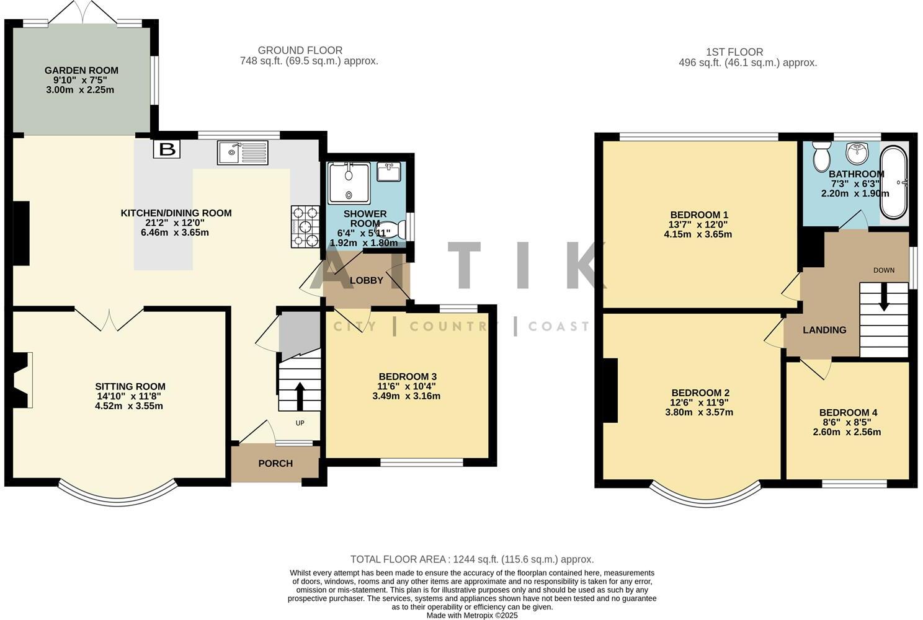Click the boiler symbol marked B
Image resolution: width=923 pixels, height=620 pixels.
coord(166,149)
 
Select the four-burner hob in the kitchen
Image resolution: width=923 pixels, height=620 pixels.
coord(305,227)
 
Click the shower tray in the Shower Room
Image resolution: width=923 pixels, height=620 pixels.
coord(349,182)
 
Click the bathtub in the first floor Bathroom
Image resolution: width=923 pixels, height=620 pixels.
coord(893,182)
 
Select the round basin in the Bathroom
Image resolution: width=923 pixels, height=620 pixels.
coord(858,150)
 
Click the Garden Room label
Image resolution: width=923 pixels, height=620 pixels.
coord(81,71)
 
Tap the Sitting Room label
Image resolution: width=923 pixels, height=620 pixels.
coord(130,387)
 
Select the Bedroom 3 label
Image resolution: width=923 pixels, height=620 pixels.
coord(408,376)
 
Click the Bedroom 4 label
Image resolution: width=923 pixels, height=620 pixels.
coord(848,413)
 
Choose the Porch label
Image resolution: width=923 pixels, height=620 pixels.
coord(275,464)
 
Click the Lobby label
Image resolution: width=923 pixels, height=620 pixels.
coord(367,280)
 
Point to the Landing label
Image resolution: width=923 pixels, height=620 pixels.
coord(824,330)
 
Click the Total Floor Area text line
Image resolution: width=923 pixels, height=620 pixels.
coord(471,559)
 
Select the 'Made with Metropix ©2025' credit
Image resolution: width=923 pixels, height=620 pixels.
coord(471,616)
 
